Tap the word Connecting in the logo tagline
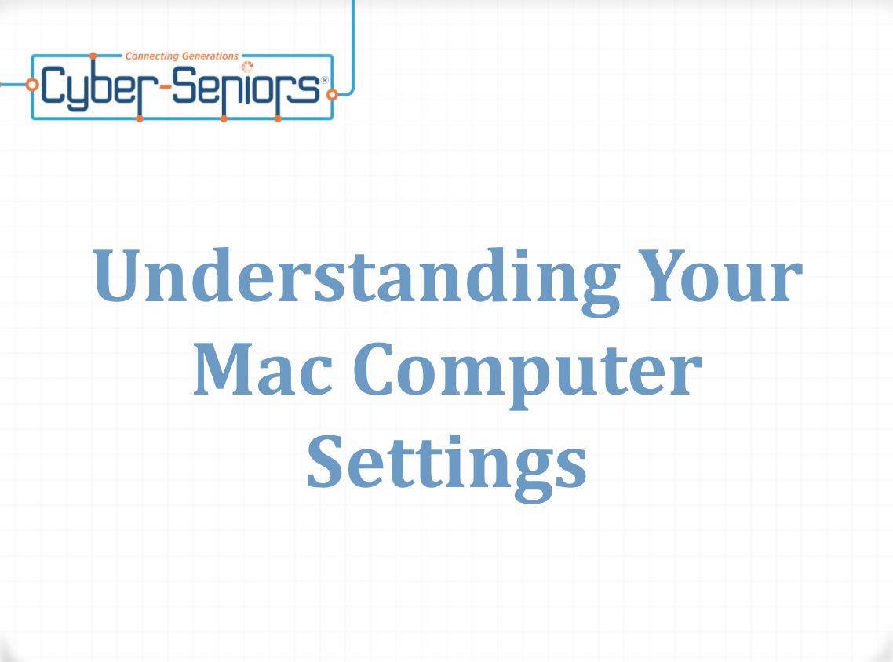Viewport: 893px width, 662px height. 152,56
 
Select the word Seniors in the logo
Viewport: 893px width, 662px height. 246,86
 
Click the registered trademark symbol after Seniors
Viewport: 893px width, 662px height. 325,80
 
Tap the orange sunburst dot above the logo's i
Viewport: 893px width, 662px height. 247,67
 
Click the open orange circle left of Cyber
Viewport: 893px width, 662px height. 32,85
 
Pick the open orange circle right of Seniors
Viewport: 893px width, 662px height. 332,94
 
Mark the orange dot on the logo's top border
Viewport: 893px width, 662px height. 93,56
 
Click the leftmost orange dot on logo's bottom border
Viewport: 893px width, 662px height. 140,118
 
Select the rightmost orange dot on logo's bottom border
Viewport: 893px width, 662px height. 278,118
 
